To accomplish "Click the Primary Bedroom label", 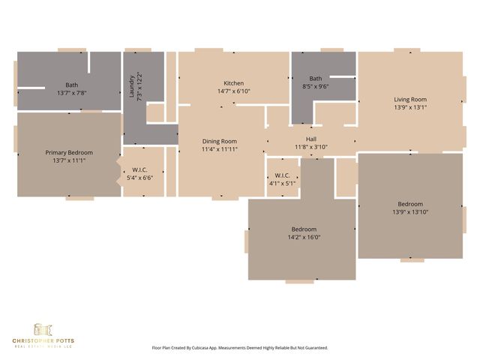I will (69, 152).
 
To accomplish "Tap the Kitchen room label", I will (233, 83).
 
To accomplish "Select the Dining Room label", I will (219, 141).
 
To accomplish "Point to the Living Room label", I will (410, 99).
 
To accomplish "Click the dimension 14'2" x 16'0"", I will (304, 237).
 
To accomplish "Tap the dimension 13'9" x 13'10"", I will (410, 212).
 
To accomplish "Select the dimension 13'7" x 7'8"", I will (72, 93).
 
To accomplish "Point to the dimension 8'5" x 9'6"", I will (316, 86).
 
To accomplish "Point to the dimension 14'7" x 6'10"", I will (233, 91).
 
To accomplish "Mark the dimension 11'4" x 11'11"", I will (219, 149).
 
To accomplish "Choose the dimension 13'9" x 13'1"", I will (410, 107).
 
